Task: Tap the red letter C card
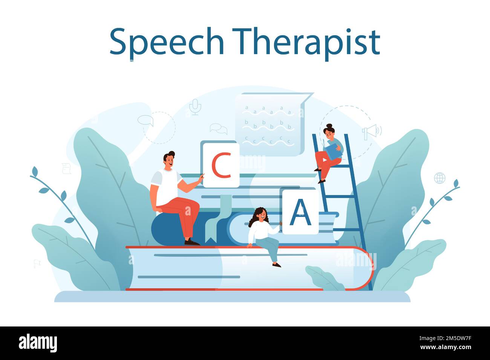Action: coord(221,165)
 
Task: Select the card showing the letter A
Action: coord(300,212)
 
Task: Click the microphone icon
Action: coord(194,107)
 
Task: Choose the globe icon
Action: coord(439,178)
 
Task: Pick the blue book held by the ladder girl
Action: coord(333,151)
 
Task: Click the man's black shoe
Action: coord(192,242)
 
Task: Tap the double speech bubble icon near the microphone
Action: coord(219,129)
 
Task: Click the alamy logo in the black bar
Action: coord(38,343)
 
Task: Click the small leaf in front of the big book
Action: coord(324,278)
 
